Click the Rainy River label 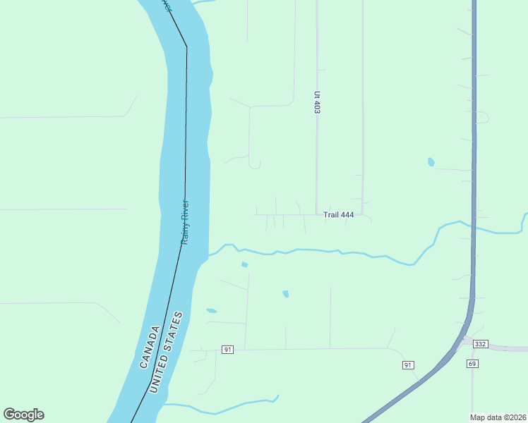[185, 222]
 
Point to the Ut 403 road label [318, 102]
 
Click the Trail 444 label [338, 215]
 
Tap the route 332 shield [481, 344]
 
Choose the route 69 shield [472, 363]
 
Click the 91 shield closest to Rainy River [227, 350]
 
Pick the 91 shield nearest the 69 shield [408, 364]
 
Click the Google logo [23, 415]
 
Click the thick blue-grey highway [474, 176]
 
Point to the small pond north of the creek [431, 162]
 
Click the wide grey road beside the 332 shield [508, 348]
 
